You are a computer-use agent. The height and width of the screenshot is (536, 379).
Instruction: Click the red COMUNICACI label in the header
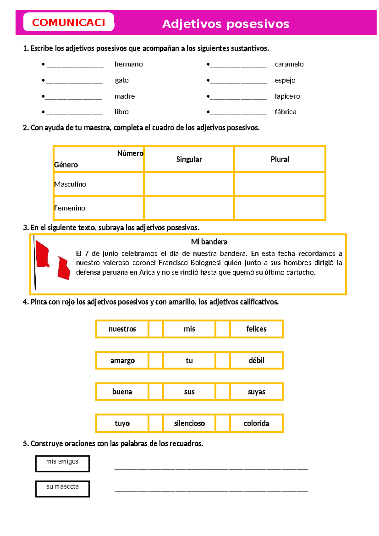click(x=69, y=22)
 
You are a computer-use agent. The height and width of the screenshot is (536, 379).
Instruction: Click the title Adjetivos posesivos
click(x=226, y=24)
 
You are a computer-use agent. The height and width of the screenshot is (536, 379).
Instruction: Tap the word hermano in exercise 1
click(x=129, y=64)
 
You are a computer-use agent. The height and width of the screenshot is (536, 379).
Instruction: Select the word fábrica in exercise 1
click(x=285, y=112)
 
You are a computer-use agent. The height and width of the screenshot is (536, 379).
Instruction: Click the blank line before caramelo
click(x=238, y=66)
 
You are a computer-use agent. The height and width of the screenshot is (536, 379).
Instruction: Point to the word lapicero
click(x=287, y=96)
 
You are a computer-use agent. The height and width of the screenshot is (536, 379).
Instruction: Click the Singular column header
click(x=189, y=159)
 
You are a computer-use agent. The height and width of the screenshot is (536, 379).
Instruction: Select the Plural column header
click(x=280, y=159)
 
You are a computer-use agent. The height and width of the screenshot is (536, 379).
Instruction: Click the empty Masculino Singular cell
click(x=189, y=184)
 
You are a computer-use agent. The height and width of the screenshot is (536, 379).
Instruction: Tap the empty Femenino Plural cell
click(x=280, y=208)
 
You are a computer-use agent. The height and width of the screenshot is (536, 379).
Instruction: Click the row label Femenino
click(x=69, y=208)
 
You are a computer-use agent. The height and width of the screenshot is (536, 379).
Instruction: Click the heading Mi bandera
click(x=209, y=242)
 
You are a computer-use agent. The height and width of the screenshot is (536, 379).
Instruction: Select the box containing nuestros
click(x=122, y=329)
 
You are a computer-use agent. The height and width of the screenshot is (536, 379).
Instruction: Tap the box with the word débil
click(x=256, y=360)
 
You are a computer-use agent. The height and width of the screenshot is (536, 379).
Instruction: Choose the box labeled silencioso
click(x=189, y=423)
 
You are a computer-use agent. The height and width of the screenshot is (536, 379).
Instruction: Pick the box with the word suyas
click(x=256, y=392)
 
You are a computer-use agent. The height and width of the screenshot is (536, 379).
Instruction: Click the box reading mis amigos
click(x=62, y=463)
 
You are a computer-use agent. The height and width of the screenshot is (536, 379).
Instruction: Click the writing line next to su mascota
click(x=211, y=490)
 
